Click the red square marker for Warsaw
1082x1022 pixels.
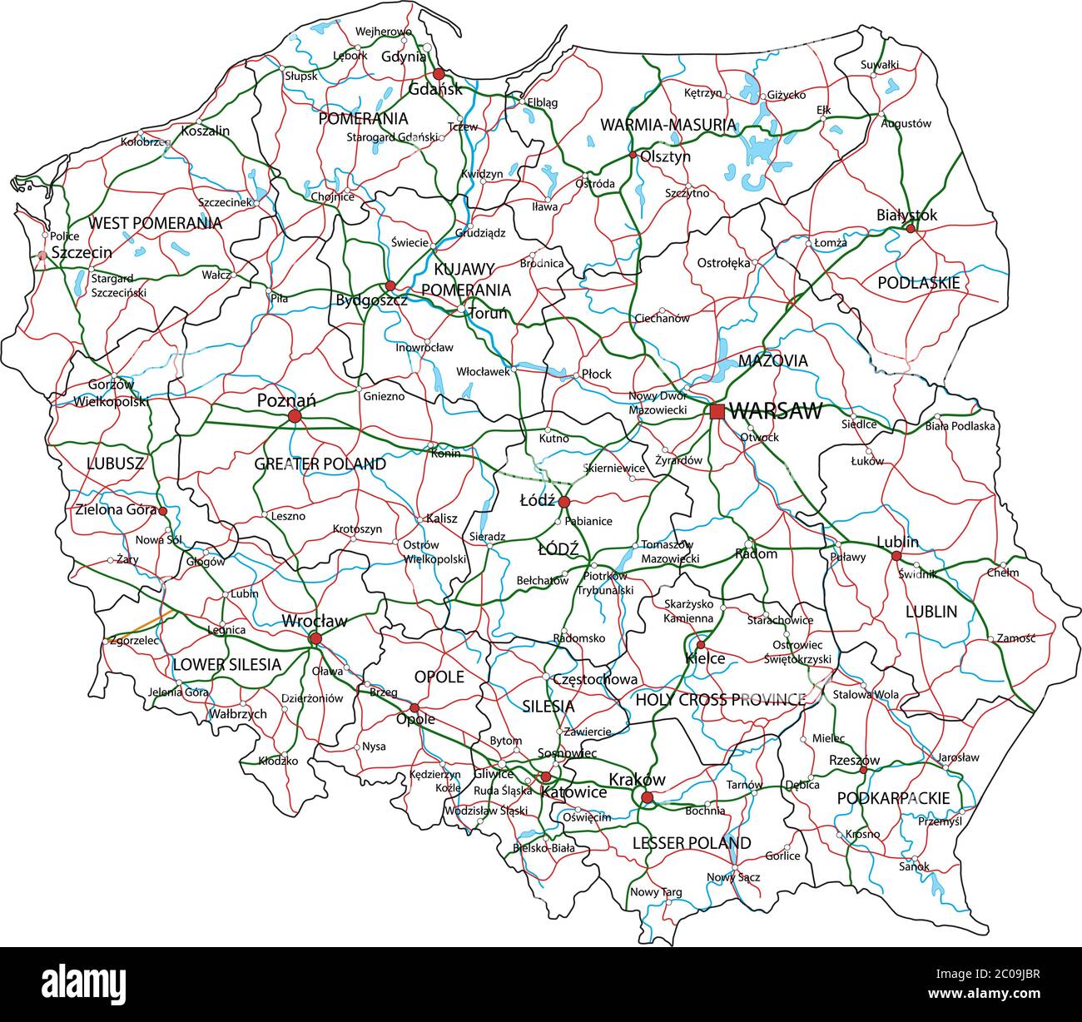pyautogui.click(x=717, y=411)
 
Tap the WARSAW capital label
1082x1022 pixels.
pyautogui.click(x=775, y=411)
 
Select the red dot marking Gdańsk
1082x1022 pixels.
pyautogui.click(x=439, y=74)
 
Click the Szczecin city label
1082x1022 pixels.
pyautogui.click(x=82, y=251)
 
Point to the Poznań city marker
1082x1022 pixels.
pyautogui.click(x=294, y=415)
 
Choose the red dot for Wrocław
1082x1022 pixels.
pyautogui.click(x=315, y=638)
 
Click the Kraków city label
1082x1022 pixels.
pyautogui.click(x=638, y=780)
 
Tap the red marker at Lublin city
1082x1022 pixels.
pyautogui.click(x=896, y=556)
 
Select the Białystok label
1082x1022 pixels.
pyautogui.click(x=906, y=215)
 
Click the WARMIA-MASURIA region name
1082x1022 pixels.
pyautogui.click(x=668, y=125)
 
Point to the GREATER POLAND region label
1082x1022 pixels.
pyautogui.click(x=320, y=464)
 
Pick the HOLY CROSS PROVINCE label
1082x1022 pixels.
pyautogui.click(x=720, y=700)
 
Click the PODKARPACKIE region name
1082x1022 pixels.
pyautogui.click(x=893, y=798)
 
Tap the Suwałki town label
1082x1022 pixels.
pyautogui.click(x=880, y=64)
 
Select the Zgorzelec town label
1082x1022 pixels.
pyautogui.click(x=134, y=641)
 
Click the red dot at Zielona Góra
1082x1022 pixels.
pyautogui.click(x=163, y=511)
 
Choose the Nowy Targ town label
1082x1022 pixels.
pyautogui.click(x=656, y=892)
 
